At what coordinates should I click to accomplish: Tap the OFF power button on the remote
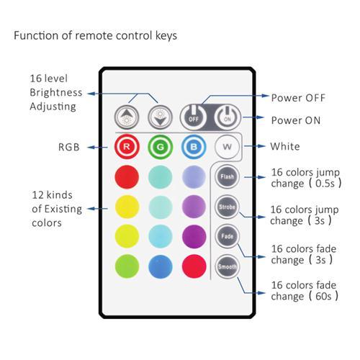click(x=194, y=116)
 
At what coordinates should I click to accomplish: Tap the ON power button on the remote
click(x=226, y=116)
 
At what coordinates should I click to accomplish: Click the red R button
click(x=127, y=147)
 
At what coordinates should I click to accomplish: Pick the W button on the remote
click(x=225, y=147)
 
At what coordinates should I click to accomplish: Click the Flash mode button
click(x=226, y=176)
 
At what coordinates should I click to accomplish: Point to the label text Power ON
click(x=295, y=120)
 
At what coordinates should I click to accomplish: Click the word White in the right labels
click(x=285, y=147)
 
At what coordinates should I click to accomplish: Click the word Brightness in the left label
click(x=55, y=93)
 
